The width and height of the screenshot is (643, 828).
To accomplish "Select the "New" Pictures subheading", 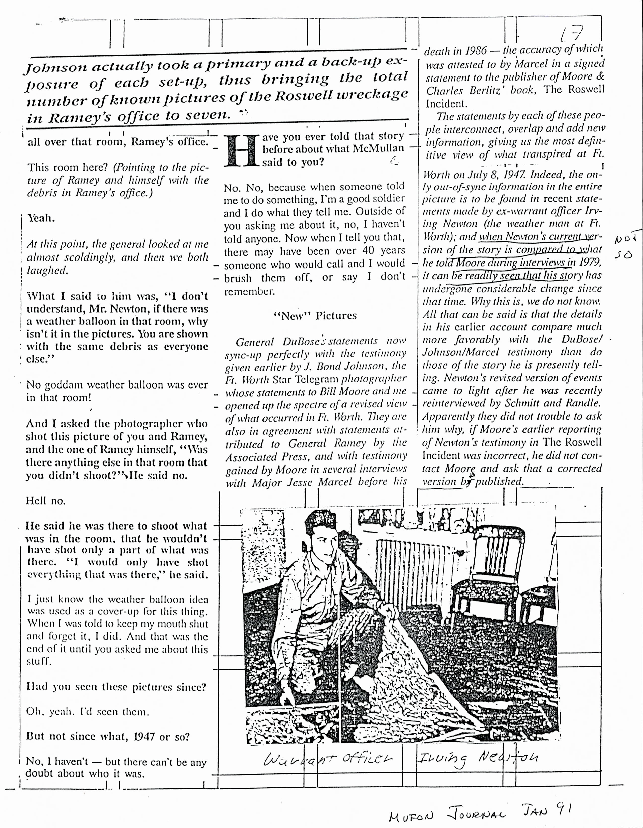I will pyautogui.click(x=315, y=316).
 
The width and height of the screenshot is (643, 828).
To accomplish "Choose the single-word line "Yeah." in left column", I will pyautogui.click(x=41, y=219).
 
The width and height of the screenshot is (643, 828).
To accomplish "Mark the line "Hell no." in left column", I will pyautogui.click(x=45, y=501).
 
